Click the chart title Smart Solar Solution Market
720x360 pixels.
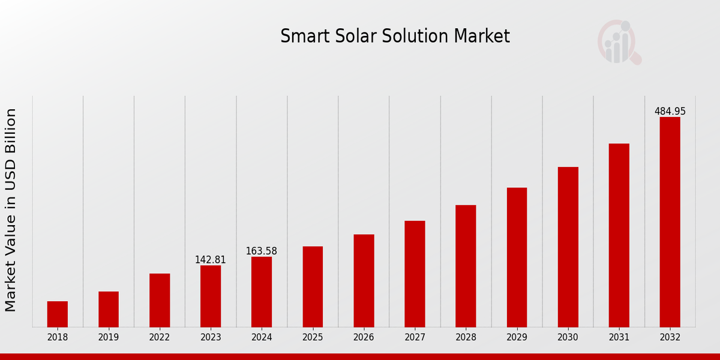395,37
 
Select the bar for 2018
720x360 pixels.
58,314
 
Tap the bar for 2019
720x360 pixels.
109,309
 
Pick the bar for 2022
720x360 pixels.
160,300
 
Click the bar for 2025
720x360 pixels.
313,286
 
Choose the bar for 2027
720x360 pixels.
415,274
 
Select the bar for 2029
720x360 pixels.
517,257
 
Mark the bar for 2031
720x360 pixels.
619,235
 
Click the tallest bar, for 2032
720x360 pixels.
670,222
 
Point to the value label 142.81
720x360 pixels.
211,260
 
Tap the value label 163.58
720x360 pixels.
262,251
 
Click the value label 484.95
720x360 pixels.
670,112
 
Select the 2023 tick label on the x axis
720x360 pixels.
211,337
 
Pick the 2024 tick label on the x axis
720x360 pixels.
262,337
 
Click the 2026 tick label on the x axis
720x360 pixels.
364,337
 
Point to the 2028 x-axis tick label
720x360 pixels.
466,337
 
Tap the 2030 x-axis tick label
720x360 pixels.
568,337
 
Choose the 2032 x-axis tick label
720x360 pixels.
670,337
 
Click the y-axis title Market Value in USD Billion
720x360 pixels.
11,210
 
